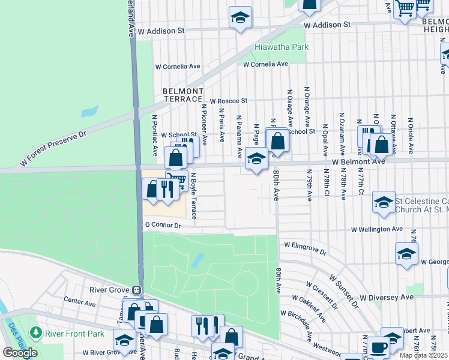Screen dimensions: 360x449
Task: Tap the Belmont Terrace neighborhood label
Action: click(182, 95)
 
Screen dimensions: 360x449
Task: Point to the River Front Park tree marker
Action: click(36, 332)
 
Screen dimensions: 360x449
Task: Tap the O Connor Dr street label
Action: click(163, 225)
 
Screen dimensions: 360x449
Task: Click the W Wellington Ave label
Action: click(377, 229)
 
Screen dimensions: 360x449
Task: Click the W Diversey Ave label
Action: click(387, 297)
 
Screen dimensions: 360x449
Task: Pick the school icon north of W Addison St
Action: click(240, 17)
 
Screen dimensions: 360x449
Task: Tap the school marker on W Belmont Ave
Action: click(256, 159)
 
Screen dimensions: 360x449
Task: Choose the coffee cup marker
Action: click(378, 347)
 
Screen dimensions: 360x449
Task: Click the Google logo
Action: click(20, 353)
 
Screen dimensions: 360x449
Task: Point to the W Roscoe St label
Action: click(228, 101)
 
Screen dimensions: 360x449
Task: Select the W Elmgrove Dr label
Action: click(306, 248)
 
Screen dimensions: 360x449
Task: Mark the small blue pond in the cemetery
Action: click(196, 260)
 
